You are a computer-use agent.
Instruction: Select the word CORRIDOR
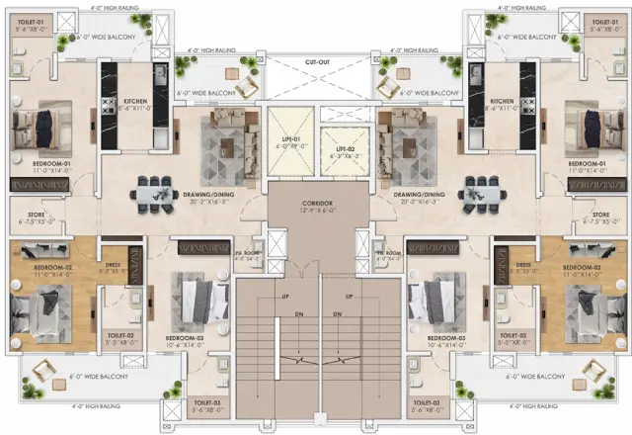click(316, 203)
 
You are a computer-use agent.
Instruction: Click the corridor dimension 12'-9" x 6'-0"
click(316, 211)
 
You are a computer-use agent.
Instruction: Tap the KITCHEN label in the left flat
click(134, 101)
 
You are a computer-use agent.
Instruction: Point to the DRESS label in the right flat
click(523, 265)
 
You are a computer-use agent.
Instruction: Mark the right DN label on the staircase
click(338, 315)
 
